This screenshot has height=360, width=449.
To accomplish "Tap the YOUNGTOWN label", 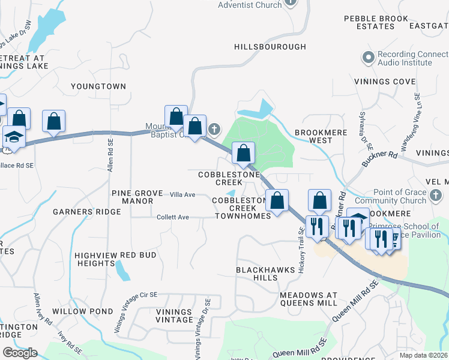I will coord(98,86).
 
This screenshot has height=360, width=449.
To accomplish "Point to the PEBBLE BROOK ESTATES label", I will coord(376,23).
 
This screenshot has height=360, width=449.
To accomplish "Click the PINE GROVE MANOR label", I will coord(137,197).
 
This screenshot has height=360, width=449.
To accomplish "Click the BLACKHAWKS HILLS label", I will coord(265,274).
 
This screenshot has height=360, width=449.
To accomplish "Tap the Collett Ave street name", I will coord(173,217).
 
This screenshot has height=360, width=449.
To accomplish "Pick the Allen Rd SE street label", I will coord(110,155).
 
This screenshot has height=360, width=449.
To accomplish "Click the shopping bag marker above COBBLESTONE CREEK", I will coord(243,154).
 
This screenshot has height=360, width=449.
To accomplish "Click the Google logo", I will coord(20,352).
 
